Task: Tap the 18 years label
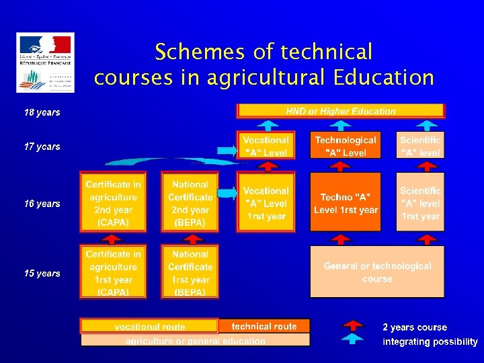click(x=42, y=112)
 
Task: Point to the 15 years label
click(x=42, y=274)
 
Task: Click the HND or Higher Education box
click(x=341, y=111)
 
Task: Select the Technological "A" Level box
click(x=346, y=147)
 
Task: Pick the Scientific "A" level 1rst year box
click(x=420, y=204)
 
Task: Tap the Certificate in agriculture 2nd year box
click(x=113, y=203)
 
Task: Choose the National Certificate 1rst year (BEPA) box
click(x=190, y=273)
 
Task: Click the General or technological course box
click(x=377, y=272)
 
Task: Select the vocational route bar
click(x=149, y=327)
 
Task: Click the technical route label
click(x=264, y=326)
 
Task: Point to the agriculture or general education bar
click(x=195, y=341)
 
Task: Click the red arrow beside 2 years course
click(x=353, y=327)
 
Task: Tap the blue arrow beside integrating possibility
click(x=353, y=340)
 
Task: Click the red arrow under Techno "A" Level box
click(x=343, y=238)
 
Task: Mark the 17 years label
click(x=42, y=147)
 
